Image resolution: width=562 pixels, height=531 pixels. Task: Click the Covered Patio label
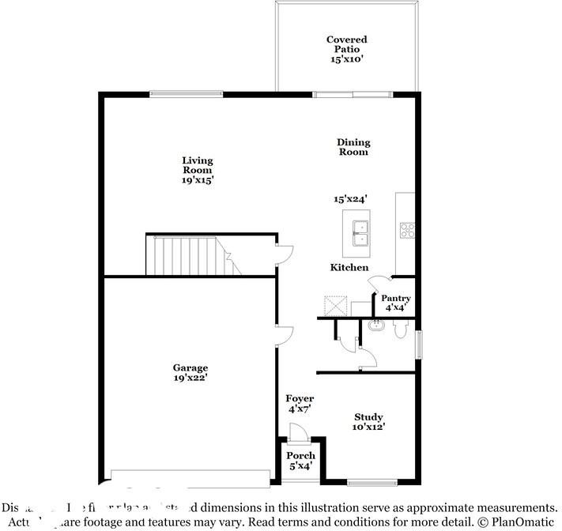pyautogui.click(x=346, y=49)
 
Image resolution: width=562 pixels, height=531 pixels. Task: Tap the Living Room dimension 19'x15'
pyautogui.click(x=197, y=180)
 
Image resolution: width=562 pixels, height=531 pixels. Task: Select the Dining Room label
pyautogui.click(x=353, y=147)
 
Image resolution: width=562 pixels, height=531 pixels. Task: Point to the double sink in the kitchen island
pyautogui.click(x=360, y=229)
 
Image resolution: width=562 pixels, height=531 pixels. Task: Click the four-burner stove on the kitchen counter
pyautogui.click(x=407, y=230)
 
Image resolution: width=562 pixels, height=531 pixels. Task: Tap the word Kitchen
pyautogui.click(x=349, y=268)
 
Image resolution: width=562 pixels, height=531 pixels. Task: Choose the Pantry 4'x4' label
pyautogui.click(x=396, y=302)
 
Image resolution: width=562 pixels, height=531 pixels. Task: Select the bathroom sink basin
pyautogui.click(x=375, y=326)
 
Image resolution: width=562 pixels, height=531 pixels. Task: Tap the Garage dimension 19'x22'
pyautogui.click(x=190, y=378)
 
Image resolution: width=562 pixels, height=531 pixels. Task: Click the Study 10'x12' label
pyautogui.click(x=368, y=422)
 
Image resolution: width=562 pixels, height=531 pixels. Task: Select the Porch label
pyautogui.click(x=300, y=461)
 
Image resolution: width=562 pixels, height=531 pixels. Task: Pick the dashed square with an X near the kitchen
pyautogui.click(x=335, y=304)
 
